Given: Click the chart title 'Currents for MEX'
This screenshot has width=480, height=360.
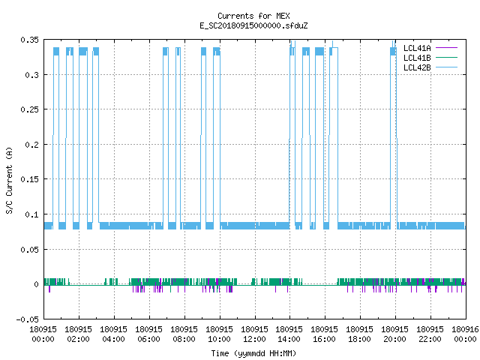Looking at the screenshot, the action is (x=253, y=16).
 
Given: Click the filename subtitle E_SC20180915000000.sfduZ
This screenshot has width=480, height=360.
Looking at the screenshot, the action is (x=253, y=25).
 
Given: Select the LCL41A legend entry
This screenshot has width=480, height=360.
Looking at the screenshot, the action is (x=430, y=48).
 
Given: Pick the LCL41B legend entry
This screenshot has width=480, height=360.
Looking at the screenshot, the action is (x=430, y=58).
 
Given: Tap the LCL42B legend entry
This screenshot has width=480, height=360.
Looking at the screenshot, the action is (x=430, y=67).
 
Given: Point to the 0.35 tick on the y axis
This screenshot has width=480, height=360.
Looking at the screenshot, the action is (x=30, y=40).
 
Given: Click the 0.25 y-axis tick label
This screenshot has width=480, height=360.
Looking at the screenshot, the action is (x=30, y=109).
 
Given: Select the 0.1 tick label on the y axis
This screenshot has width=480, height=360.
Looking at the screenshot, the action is (x=32, y=214).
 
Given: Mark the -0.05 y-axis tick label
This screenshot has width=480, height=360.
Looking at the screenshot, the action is (x=28, y=319).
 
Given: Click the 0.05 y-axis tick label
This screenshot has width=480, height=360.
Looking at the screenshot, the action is (x=30, y=250).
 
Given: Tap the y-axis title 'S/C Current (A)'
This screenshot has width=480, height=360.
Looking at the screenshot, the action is (x=9, y=180).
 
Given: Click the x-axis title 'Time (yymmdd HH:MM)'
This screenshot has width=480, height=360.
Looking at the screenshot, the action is (x=253, y=353).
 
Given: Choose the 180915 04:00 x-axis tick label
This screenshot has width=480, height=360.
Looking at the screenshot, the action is (x=113, y=334).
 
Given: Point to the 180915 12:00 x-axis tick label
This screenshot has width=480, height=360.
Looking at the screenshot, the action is (x=254, y=334).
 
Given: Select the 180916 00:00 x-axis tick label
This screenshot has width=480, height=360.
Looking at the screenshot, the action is (x=465, y=334).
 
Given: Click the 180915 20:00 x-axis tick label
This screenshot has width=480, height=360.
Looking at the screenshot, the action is (x=395, y=334).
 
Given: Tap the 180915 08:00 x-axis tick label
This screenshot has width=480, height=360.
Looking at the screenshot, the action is (x=184, y=334).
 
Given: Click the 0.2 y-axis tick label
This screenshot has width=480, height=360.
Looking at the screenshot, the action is (x=32, y=145).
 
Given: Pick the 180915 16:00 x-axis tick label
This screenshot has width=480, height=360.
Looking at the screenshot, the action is (x=325, y=334).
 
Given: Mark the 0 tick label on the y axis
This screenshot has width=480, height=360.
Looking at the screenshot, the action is (x=37, y=284).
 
